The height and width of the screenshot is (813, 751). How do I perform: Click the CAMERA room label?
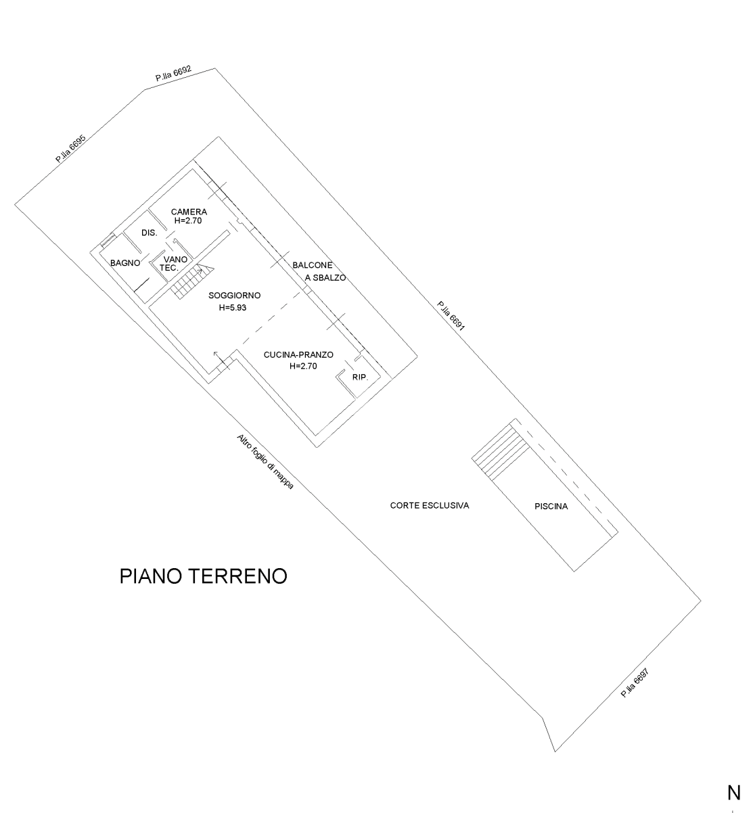189,212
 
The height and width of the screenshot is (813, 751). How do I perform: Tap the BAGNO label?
125,262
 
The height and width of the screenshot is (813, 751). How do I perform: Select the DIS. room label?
150,233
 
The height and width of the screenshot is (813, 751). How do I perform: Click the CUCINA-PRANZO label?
298,354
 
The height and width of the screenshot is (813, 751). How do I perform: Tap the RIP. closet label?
360,377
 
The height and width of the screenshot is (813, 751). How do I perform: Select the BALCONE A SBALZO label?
318,271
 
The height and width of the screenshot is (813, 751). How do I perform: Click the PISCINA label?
551,506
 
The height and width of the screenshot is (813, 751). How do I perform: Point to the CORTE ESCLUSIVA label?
430,505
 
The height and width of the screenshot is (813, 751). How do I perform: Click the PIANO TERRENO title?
203,576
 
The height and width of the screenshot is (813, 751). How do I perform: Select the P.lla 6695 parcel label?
70,148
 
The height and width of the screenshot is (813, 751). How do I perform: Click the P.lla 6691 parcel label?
450,317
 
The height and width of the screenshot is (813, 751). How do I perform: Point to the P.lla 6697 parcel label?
635,684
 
